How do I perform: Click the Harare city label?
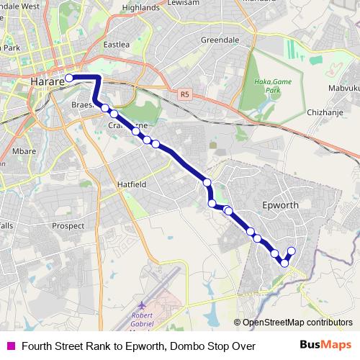point(48,82)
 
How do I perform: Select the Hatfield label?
point(132,184)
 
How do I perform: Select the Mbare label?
point(24,151)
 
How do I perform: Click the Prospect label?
point(69,225)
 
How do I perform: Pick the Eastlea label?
point(116,45)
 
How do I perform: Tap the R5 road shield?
point(186,94)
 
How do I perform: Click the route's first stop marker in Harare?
point(69,78)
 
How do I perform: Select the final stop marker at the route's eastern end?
point(292,251)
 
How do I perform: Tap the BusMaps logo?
point(325,345)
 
